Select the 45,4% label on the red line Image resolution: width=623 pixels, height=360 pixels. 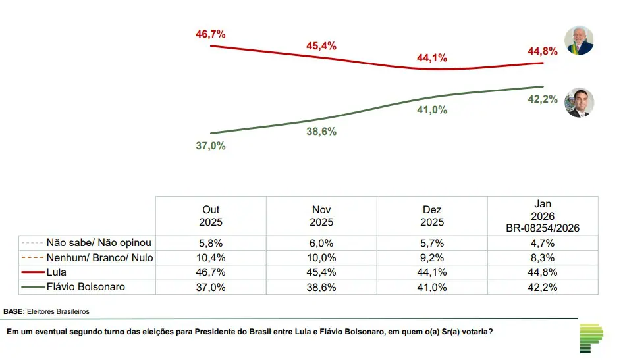click(321, 46)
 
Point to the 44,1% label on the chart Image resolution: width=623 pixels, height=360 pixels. click(432, 58)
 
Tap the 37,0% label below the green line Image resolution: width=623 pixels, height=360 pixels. click(211, 146)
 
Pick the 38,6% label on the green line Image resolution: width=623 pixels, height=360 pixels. click(321, 132)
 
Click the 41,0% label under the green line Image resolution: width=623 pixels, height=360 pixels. click(432, 111)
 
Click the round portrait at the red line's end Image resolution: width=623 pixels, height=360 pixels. click(579, 41)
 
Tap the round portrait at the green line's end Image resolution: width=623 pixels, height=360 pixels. click(579, 103)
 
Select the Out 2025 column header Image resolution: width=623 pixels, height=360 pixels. click(211, 216)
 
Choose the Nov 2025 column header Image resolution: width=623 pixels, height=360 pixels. click(322, 216)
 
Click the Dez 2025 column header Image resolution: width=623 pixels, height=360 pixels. click(433, 216)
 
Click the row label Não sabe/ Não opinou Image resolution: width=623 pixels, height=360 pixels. click(99, 243)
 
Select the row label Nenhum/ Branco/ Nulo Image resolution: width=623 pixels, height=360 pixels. click(99, 257)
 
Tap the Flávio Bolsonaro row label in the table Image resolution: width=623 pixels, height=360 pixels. click(86, 287)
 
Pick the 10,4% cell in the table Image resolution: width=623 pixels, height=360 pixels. click(211, 257)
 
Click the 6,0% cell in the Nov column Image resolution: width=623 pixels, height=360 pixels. click(322, 243)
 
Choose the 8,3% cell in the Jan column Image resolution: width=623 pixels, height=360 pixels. click(543, 257)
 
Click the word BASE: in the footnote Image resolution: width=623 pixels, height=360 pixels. click(14, 311)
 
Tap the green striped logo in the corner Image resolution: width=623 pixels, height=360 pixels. click(591, 338)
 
